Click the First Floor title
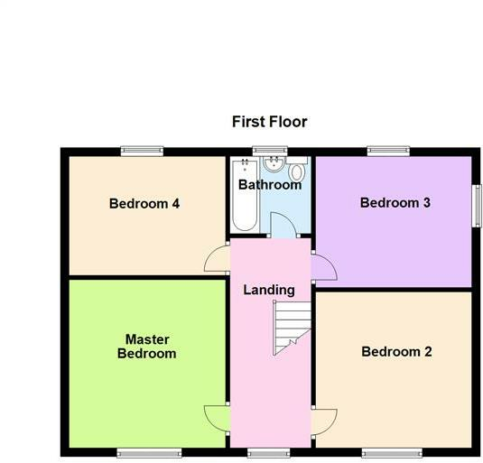pos(269,122)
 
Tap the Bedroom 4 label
pos(144,204)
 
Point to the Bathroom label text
pos(269,185)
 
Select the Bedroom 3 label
pos(395,203)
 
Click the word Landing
pos(269,290)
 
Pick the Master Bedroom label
pos(146,347)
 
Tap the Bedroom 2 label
pos(396,352)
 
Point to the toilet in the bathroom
pos(298,172)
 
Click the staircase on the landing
pos(292,326)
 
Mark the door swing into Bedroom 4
pos(218,260)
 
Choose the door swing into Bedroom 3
pos(323,269)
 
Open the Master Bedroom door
pos(218,417)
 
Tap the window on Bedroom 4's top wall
pos(142,151)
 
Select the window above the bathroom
pos(264,151)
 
